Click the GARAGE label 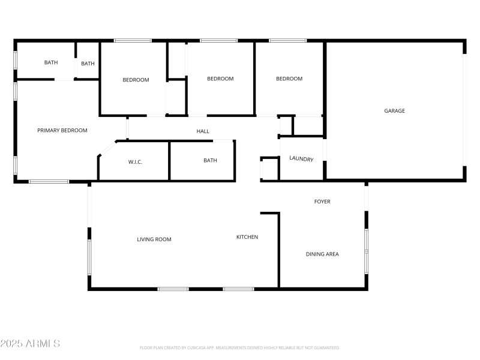(394, 110)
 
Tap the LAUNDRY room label (301, 159)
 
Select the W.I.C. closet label (135, 162)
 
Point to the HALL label (203, 131)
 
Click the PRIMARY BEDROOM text (62, 130)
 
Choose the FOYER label (322, 202)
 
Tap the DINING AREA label (322, 254)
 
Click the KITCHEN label (247, 237)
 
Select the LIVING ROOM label (154, 239)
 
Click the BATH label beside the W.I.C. (210, 160)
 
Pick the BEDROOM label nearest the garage (289, 79)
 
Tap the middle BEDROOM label (220, 79)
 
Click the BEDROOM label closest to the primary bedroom (136, 80)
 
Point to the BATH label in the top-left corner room (50, 62)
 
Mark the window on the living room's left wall (89, 257)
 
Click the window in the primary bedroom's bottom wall (49, 181)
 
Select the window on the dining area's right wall (365, 250)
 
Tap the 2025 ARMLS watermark (30, 344)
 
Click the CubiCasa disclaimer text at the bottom (240, 347)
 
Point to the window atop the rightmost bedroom (288, 41)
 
